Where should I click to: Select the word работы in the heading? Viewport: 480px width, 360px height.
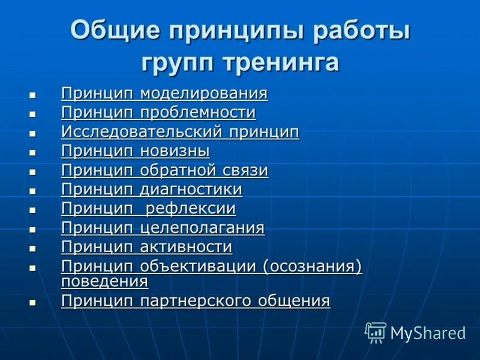coord(359,31)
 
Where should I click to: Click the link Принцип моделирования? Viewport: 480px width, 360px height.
coord(164,94)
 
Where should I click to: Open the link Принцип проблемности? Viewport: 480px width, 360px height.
coord(158,113)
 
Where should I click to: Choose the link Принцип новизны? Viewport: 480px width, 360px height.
coord(135,151)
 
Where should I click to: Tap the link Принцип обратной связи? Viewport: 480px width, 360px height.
coord(164,170)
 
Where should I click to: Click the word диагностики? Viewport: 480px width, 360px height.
coord(191,190)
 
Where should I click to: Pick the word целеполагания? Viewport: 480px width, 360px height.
coord(202,228)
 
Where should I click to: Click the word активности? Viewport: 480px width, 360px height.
coord(186,247)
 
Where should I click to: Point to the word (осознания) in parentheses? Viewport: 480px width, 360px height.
coord(313,266)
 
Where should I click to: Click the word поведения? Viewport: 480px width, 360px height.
coord(104,281)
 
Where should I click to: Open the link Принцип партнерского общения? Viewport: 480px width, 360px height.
coord(196,301)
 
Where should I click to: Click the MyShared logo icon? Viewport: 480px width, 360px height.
coord(376,332)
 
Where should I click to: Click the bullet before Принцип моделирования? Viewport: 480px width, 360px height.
coord(32,95)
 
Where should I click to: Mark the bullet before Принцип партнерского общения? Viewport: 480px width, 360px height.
coord(32,302)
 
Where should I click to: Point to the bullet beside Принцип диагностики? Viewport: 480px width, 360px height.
coord(32,191)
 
